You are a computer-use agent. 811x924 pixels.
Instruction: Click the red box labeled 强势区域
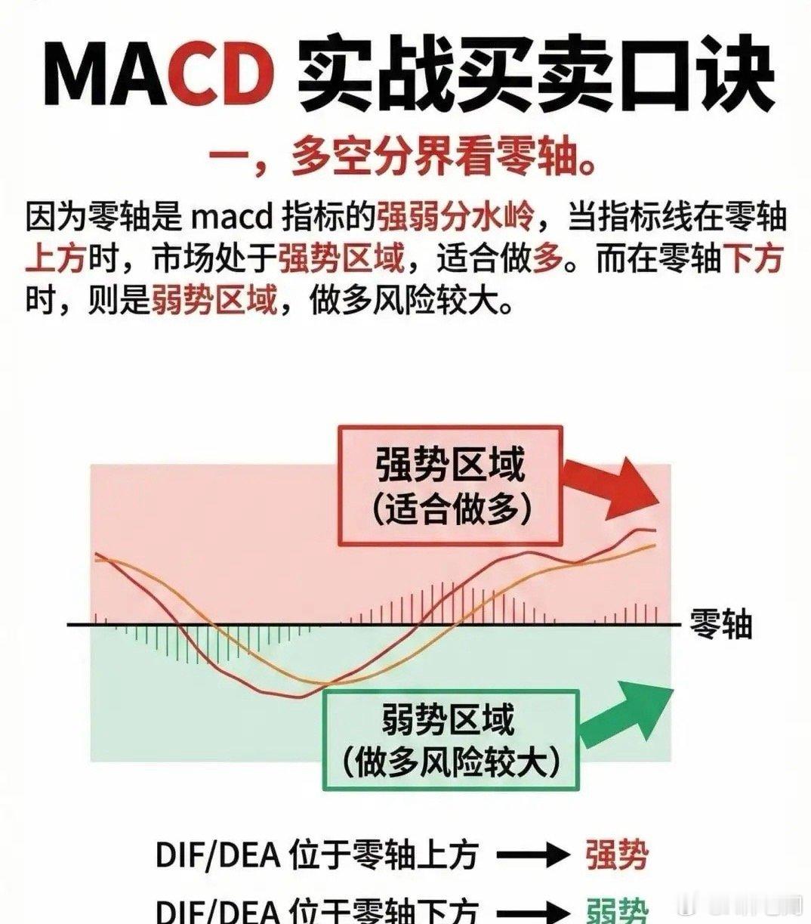click(x=450, y=485)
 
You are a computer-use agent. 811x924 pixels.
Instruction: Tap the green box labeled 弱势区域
click(x=450, y=740)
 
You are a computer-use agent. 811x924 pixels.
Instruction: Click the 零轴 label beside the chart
click(x=720, y=625)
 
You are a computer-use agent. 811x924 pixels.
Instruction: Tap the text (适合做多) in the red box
click(x=451, y=509)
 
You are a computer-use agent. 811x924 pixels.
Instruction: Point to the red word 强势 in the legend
click(x=616, y=856)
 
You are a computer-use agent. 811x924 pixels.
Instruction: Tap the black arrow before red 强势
click(x=532, y=856)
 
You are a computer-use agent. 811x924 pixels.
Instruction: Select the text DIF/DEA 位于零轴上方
click(x=317, y=856)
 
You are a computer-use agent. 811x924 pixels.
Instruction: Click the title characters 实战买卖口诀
click(x=536, y=74)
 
